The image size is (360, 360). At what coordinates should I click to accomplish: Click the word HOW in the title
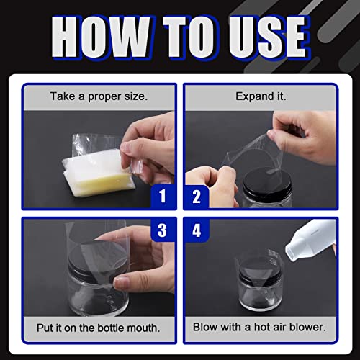coord(102,37)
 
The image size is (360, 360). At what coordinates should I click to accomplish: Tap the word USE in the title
coord(269,37)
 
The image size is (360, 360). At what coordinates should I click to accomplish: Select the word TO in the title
coord(190,37)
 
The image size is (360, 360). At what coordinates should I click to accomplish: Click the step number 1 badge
coord(163,196)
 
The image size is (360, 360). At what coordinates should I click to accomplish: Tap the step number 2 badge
coord(197,197)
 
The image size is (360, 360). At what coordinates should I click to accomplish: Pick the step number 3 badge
coord(162,230)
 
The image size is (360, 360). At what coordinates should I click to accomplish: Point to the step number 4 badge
coord(197,230)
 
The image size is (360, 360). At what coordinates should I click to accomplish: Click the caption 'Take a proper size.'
coord(99,96)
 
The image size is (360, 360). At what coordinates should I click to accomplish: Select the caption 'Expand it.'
coord(261,96)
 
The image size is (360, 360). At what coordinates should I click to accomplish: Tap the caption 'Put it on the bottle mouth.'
coord(98,328)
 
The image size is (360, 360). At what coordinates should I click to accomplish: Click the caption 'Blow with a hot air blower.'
coord(259,327)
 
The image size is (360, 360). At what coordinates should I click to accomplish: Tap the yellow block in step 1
coord(104,182)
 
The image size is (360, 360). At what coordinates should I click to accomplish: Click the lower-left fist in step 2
coord(209,185)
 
